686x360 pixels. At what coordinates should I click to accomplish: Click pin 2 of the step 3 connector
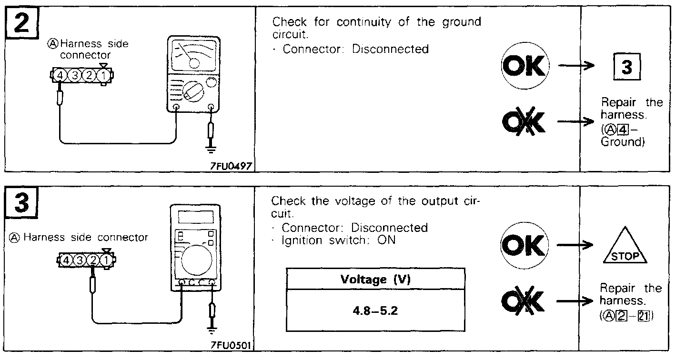94,260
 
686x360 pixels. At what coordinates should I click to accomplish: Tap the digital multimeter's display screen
195,217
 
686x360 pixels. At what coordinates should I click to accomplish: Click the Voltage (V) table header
375,279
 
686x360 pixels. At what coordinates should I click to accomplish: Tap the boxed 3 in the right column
626,68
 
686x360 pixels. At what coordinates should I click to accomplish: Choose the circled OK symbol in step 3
524,246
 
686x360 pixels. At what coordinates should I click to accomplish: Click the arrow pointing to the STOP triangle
575,246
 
